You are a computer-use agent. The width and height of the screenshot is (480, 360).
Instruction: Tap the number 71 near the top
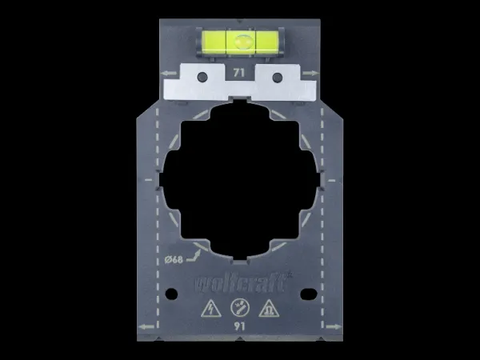[x=238, y=73]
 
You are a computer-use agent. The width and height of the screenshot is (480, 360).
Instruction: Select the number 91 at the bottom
[x=239, y=326]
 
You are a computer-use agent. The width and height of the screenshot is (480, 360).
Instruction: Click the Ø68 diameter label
[x=174, y=260]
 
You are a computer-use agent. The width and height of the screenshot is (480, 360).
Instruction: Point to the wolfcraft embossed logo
[x=242, y=282]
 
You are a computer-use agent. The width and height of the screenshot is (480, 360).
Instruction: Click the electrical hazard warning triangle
[x=211, y=308]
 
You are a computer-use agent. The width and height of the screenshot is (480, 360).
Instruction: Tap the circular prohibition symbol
[x=240, y=307]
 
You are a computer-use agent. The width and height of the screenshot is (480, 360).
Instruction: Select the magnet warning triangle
[x=269, y=308]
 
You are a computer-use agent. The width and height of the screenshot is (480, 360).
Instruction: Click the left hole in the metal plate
[x=202, y=77]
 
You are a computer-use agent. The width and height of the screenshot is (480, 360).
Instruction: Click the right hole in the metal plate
[x=277, y=78]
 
